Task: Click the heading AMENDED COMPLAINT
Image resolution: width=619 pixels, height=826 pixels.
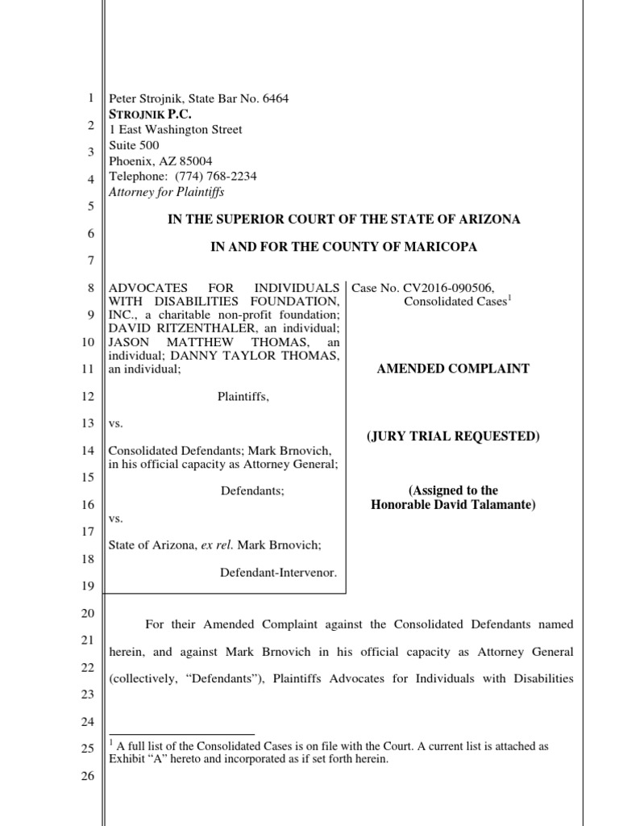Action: coord(453,369)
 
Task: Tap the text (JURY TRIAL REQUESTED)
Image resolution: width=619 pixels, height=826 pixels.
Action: coord(453,436)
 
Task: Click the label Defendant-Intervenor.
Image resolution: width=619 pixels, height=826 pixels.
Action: coord(278,572)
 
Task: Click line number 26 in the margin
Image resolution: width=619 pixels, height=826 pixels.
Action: coord(89,776)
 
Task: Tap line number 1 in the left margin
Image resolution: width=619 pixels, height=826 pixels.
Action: coord(89,99)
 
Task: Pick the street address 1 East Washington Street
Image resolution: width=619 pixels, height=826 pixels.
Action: coord(175,130)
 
